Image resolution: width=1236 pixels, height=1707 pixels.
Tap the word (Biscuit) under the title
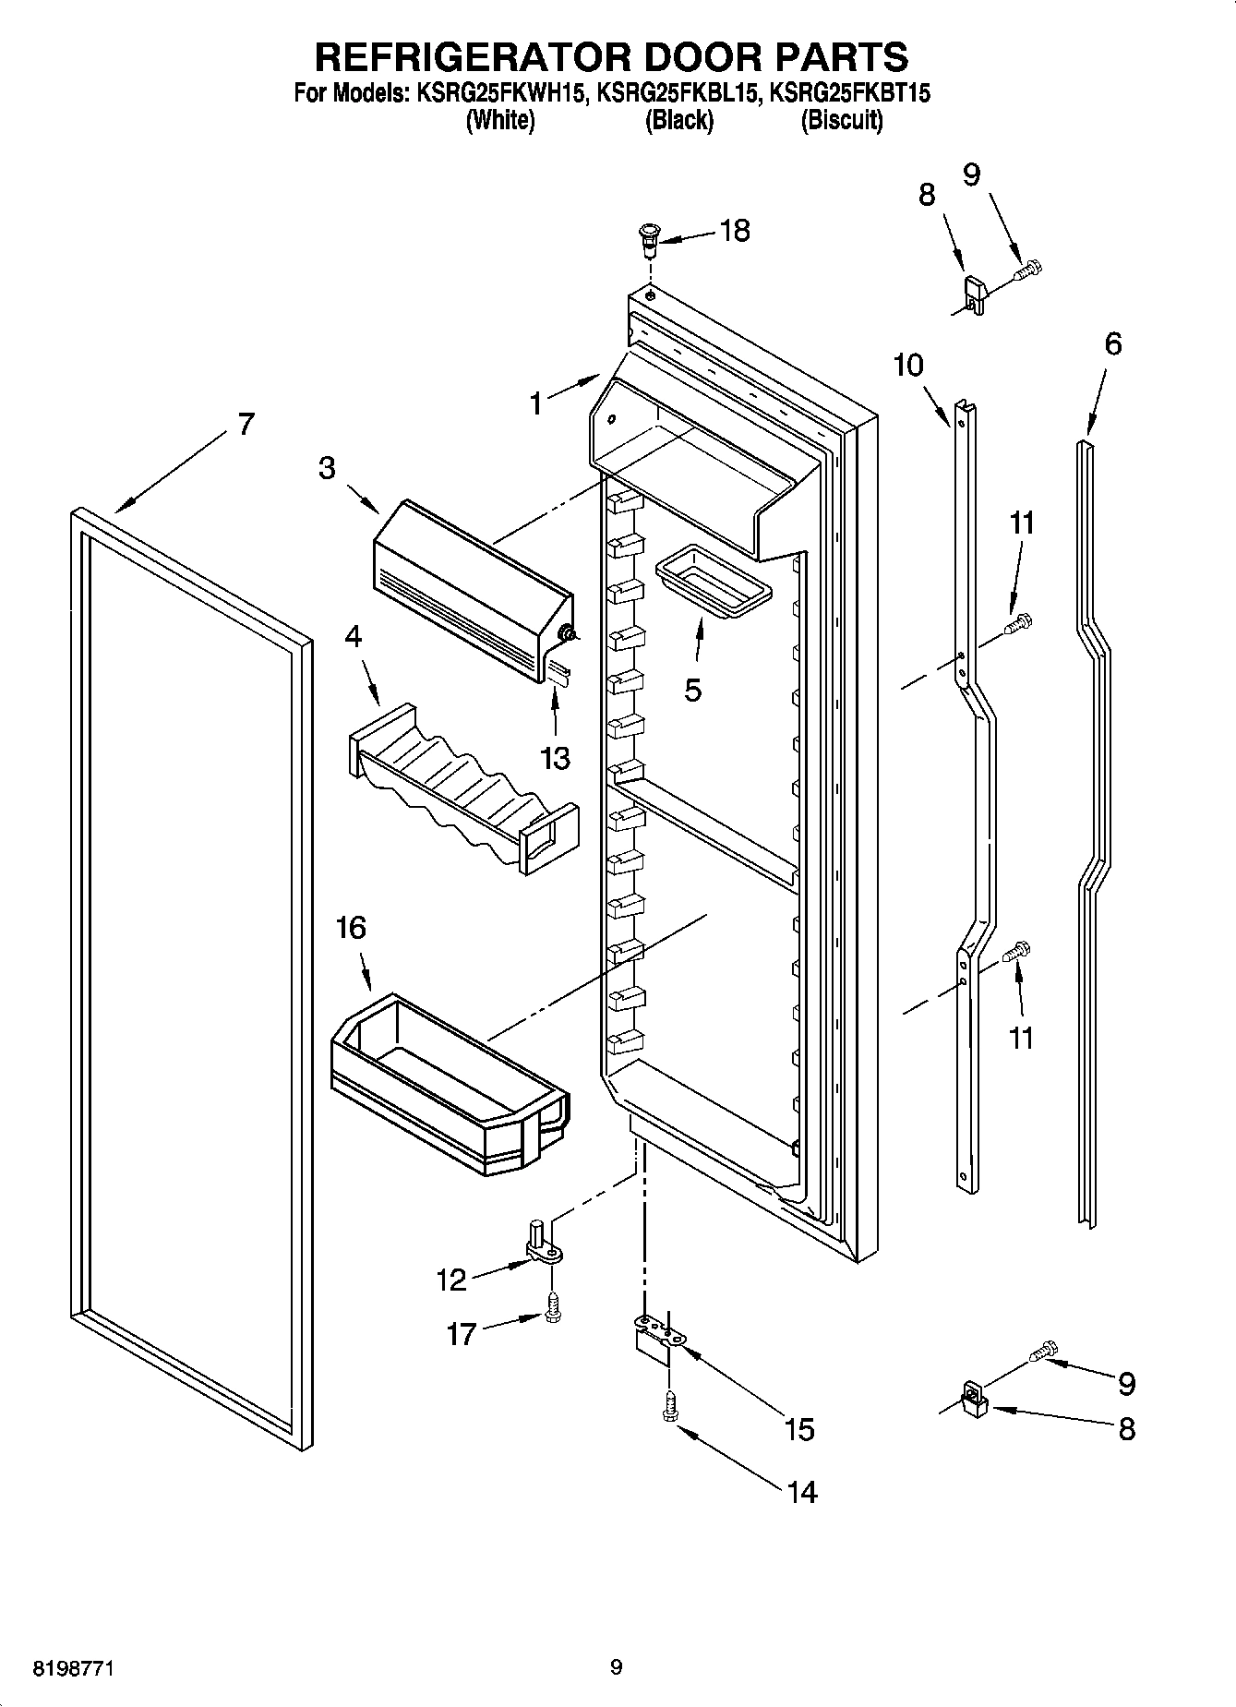click(x=841, y=120)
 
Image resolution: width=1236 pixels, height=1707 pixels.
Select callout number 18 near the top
click(x=735, y=231)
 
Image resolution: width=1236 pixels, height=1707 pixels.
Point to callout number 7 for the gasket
click(x=245, y=425)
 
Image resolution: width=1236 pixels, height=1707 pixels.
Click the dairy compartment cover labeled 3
click(x=471, y=591)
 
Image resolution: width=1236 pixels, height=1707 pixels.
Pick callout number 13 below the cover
click(x=556, y=759)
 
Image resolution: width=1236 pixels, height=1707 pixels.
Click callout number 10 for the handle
click(x=908, y=366)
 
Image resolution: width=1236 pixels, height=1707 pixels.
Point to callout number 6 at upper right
click(x=1113, y=344)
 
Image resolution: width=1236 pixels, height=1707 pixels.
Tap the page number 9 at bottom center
click(x=617, y=1667)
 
